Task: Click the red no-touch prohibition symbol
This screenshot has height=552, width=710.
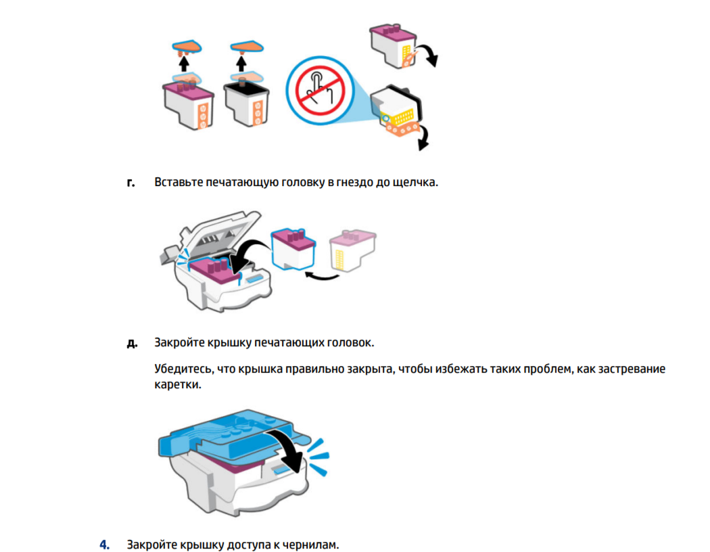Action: (x=320, y=91)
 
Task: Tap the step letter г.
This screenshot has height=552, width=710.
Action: (x=131, y=183)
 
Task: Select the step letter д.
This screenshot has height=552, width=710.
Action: (x=132, y=343)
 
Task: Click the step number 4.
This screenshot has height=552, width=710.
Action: (x=105, y=545)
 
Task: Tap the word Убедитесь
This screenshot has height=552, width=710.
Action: (x=183, y=369)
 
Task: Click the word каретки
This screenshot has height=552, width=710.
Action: (x=177, y=384)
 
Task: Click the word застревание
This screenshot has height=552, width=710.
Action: (x=632, y=369)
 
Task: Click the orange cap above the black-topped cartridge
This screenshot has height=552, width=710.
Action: (x=247, y=47)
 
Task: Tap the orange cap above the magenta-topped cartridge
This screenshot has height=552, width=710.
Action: (x=187, y=47)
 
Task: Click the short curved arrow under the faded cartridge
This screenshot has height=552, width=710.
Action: (x=322, y=276)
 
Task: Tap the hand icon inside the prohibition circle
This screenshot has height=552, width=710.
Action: (x=320, y=89)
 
